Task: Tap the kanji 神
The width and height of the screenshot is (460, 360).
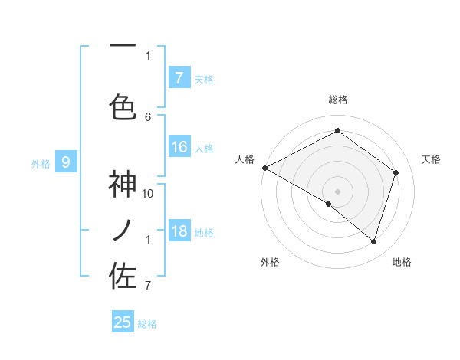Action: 123,186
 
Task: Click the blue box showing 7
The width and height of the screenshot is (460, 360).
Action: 179,78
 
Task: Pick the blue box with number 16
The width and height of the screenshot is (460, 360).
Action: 179,147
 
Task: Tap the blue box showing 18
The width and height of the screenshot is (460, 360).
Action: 179,231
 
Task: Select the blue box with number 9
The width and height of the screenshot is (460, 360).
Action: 67,162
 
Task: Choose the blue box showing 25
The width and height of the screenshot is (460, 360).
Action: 123,322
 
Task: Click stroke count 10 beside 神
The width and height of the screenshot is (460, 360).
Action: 148,193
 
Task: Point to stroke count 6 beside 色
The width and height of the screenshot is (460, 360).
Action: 148,116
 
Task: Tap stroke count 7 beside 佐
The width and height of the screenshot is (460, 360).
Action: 148,286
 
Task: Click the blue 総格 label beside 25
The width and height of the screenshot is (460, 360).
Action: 147,324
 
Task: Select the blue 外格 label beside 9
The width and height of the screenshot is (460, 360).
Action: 41,163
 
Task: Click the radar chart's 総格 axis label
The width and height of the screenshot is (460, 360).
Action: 337,100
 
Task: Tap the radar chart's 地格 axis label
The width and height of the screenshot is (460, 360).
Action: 402,262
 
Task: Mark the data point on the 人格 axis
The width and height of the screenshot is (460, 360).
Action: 264,168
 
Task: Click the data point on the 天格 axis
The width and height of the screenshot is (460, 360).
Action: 396,172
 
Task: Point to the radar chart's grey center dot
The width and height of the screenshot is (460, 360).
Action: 337,191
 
